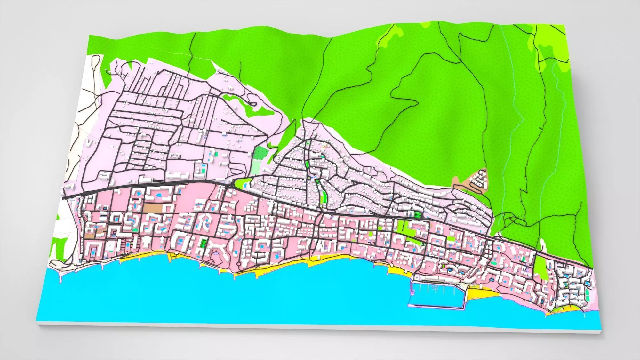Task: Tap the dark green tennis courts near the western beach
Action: pos(203,244)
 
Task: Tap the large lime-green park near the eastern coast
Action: pos(541,268)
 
